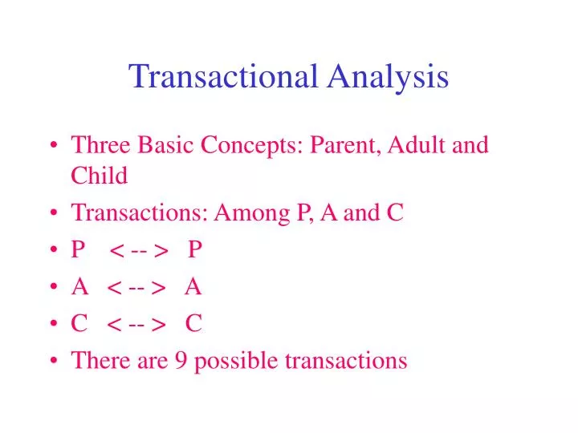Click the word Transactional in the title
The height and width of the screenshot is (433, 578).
tap(223, 77)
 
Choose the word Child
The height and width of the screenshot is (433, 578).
tap(100, 176)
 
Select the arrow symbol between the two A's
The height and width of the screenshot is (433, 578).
tap(136, 287)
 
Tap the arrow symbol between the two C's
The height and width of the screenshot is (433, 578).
tap(136, 324)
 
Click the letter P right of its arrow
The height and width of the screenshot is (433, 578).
tap(195, 250)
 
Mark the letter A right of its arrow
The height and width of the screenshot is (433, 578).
tap(193, 286)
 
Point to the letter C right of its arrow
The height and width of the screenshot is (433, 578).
tap(193, 323)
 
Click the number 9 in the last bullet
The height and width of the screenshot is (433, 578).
tap(182, 361)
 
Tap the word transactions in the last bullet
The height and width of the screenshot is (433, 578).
tap(346, 361)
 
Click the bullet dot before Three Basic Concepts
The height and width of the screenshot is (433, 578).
tap(52, 147)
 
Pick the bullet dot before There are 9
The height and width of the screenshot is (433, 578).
tap(52, 361)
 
